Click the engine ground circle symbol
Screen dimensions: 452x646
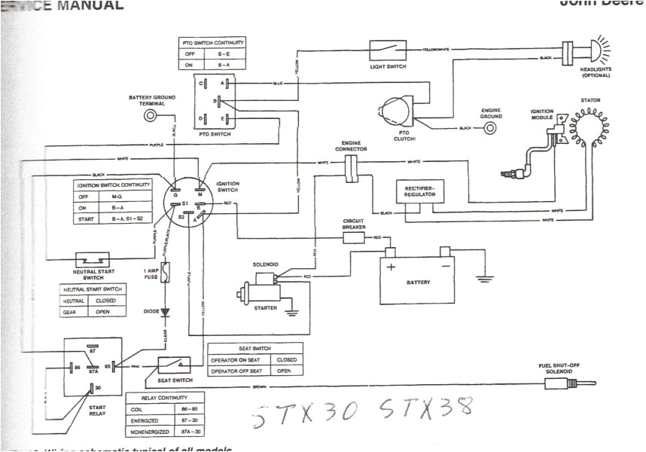click(x=490, y=130)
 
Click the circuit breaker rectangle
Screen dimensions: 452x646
click(x=354, y=238)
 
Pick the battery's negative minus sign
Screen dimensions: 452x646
click(x=445, y=266)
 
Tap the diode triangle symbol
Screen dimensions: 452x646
click(x=166, y=311)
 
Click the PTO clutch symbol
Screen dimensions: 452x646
click(x=396, y=113)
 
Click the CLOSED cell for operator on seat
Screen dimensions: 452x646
click(x=285, y=360)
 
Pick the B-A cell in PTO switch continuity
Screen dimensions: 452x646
click(x=225, y=66)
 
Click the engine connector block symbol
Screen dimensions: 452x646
click(x=351, y=169)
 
